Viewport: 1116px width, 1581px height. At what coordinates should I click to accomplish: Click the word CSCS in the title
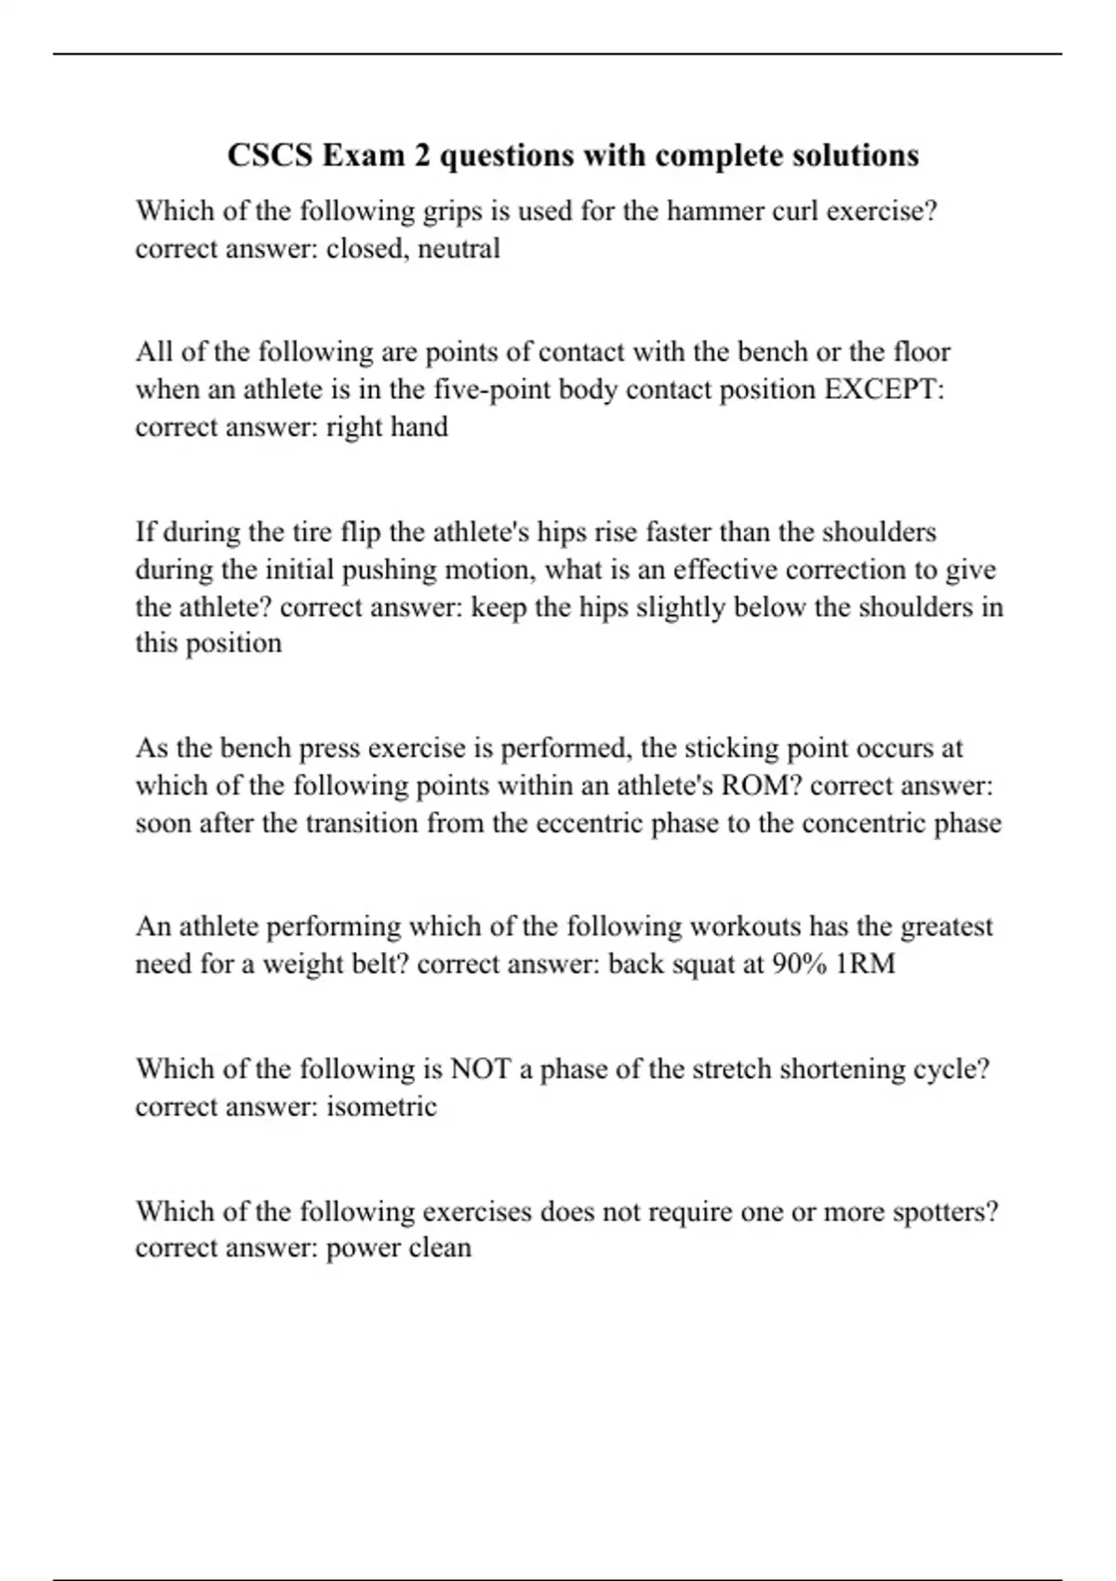pyautogui.click(x=271, y=155)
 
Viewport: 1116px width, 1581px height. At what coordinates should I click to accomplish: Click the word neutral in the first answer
pyautogui.click(x=459, y=249)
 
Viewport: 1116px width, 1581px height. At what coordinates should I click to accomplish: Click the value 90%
pyautogui.click(x=800, y=964)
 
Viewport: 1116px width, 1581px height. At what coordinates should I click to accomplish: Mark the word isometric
pyautogui.click(x=381, y=1107)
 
